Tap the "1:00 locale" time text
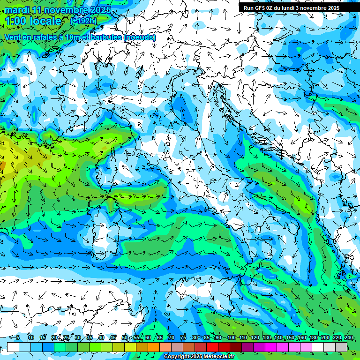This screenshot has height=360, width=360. pyautogui.click(x=33, y=21)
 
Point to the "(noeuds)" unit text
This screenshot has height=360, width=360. pyautogui.click(x=140, y=37)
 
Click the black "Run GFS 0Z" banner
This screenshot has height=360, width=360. pyautogui.click(x=295, y=7)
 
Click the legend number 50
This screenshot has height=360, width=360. pyautogui.click(x=124, y=338)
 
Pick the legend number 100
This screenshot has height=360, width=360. pyautogui.click(x=231, y=338)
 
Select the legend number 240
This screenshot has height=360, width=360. pyautogui.click(x=348, y=338)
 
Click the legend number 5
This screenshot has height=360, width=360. pyautogui.click(x=18, y=338)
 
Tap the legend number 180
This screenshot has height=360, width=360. pyautogui.click(x=313, y=338)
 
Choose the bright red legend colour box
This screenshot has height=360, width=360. pyautogui.click(x=212, y=347)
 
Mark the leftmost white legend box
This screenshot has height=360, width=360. pyautogui.click(x=13, y=347)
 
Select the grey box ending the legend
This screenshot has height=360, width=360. pyautogui.click(x=341, y=347)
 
